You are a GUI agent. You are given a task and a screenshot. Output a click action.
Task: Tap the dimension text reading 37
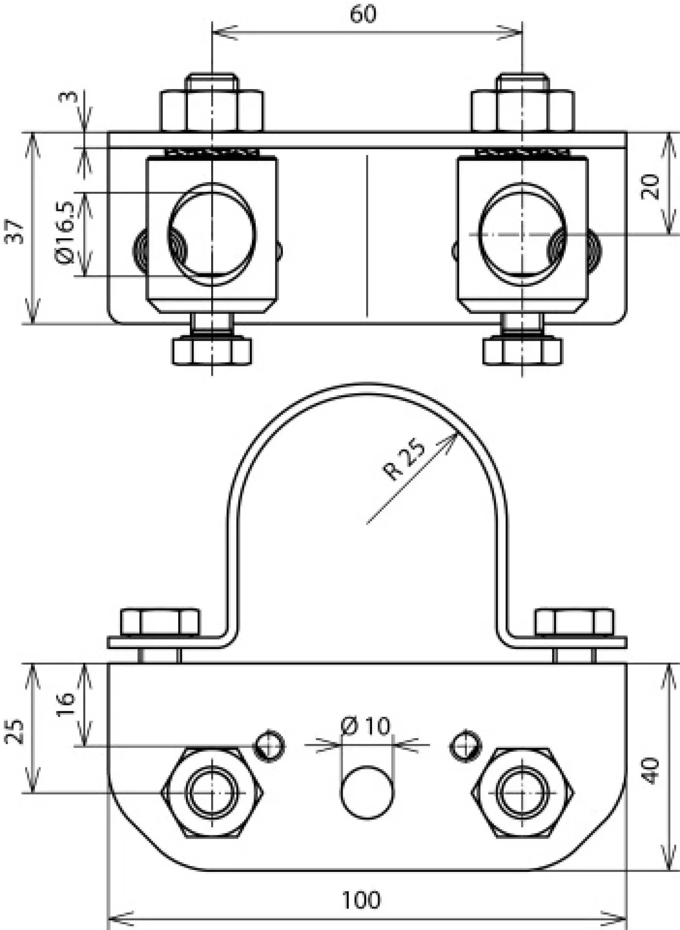15,232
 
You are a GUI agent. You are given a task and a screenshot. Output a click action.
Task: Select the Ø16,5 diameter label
65,233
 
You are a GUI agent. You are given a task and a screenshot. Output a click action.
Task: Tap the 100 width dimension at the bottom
361,900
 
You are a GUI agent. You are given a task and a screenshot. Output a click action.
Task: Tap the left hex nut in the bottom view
213,793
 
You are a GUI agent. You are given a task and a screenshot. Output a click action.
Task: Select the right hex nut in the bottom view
522,793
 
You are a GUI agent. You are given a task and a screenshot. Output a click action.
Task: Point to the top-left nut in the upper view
212,109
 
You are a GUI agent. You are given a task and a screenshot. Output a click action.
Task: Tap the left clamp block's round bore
212,234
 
